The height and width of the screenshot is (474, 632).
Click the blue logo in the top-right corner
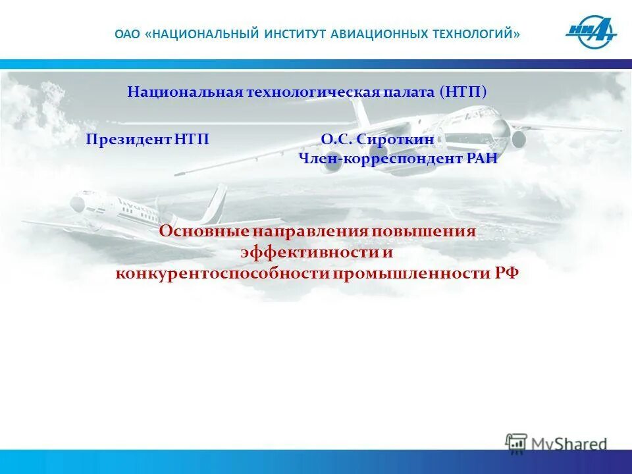pyautogui.click(x=591, y=33)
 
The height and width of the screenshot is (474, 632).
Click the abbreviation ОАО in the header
pyautogui.click(x=127, y=34)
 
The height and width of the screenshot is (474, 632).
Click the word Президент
pyautogui.click(x=129, y=140)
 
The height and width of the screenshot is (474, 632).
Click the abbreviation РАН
pyautogui.click(x=479, y=158)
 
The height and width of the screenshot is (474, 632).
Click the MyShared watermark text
pyautogui.click(x=569, y=444)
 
